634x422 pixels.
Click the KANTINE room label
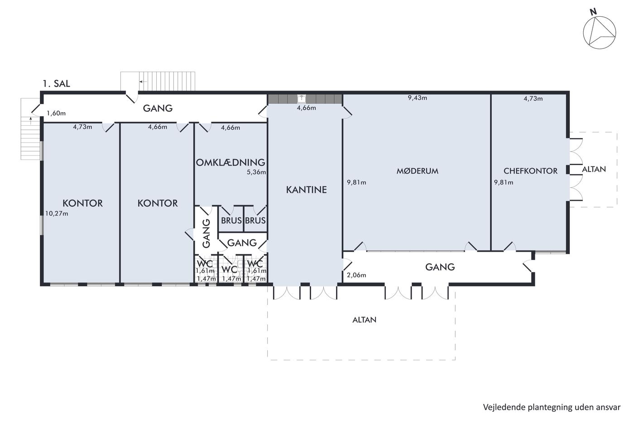tap(306, 190)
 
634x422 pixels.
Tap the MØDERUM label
tap(417, 171)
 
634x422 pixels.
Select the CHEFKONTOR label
tap(530, 171)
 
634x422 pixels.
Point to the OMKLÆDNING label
tap(231, 162)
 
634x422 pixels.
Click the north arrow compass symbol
tap(599, 32)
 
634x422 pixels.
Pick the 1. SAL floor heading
tap(56, 83)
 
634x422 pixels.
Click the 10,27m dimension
tap(57, 213)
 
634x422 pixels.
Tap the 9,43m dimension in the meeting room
tap(417, 98)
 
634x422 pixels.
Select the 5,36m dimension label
tap(256, 172)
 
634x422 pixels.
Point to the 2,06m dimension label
tap(356, 275)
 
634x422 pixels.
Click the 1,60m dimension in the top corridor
tap(56, 113)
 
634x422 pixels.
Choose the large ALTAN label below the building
tap(364, 320)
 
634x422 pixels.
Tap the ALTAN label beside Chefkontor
tap(594, 169)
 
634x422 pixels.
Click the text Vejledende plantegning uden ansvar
tap(552, 407)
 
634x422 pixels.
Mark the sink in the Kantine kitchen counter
tap(302, 98)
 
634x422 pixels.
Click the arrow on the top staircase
tap(143, 82)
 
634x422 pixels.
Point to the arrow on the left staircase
tap(31, 120)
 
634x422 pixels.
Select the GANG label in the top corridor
tap(158, 108)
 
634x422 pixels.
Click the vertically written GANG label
tap(207, 233)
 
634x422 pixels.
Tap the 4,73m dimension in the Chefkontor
tap(533, 98)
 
